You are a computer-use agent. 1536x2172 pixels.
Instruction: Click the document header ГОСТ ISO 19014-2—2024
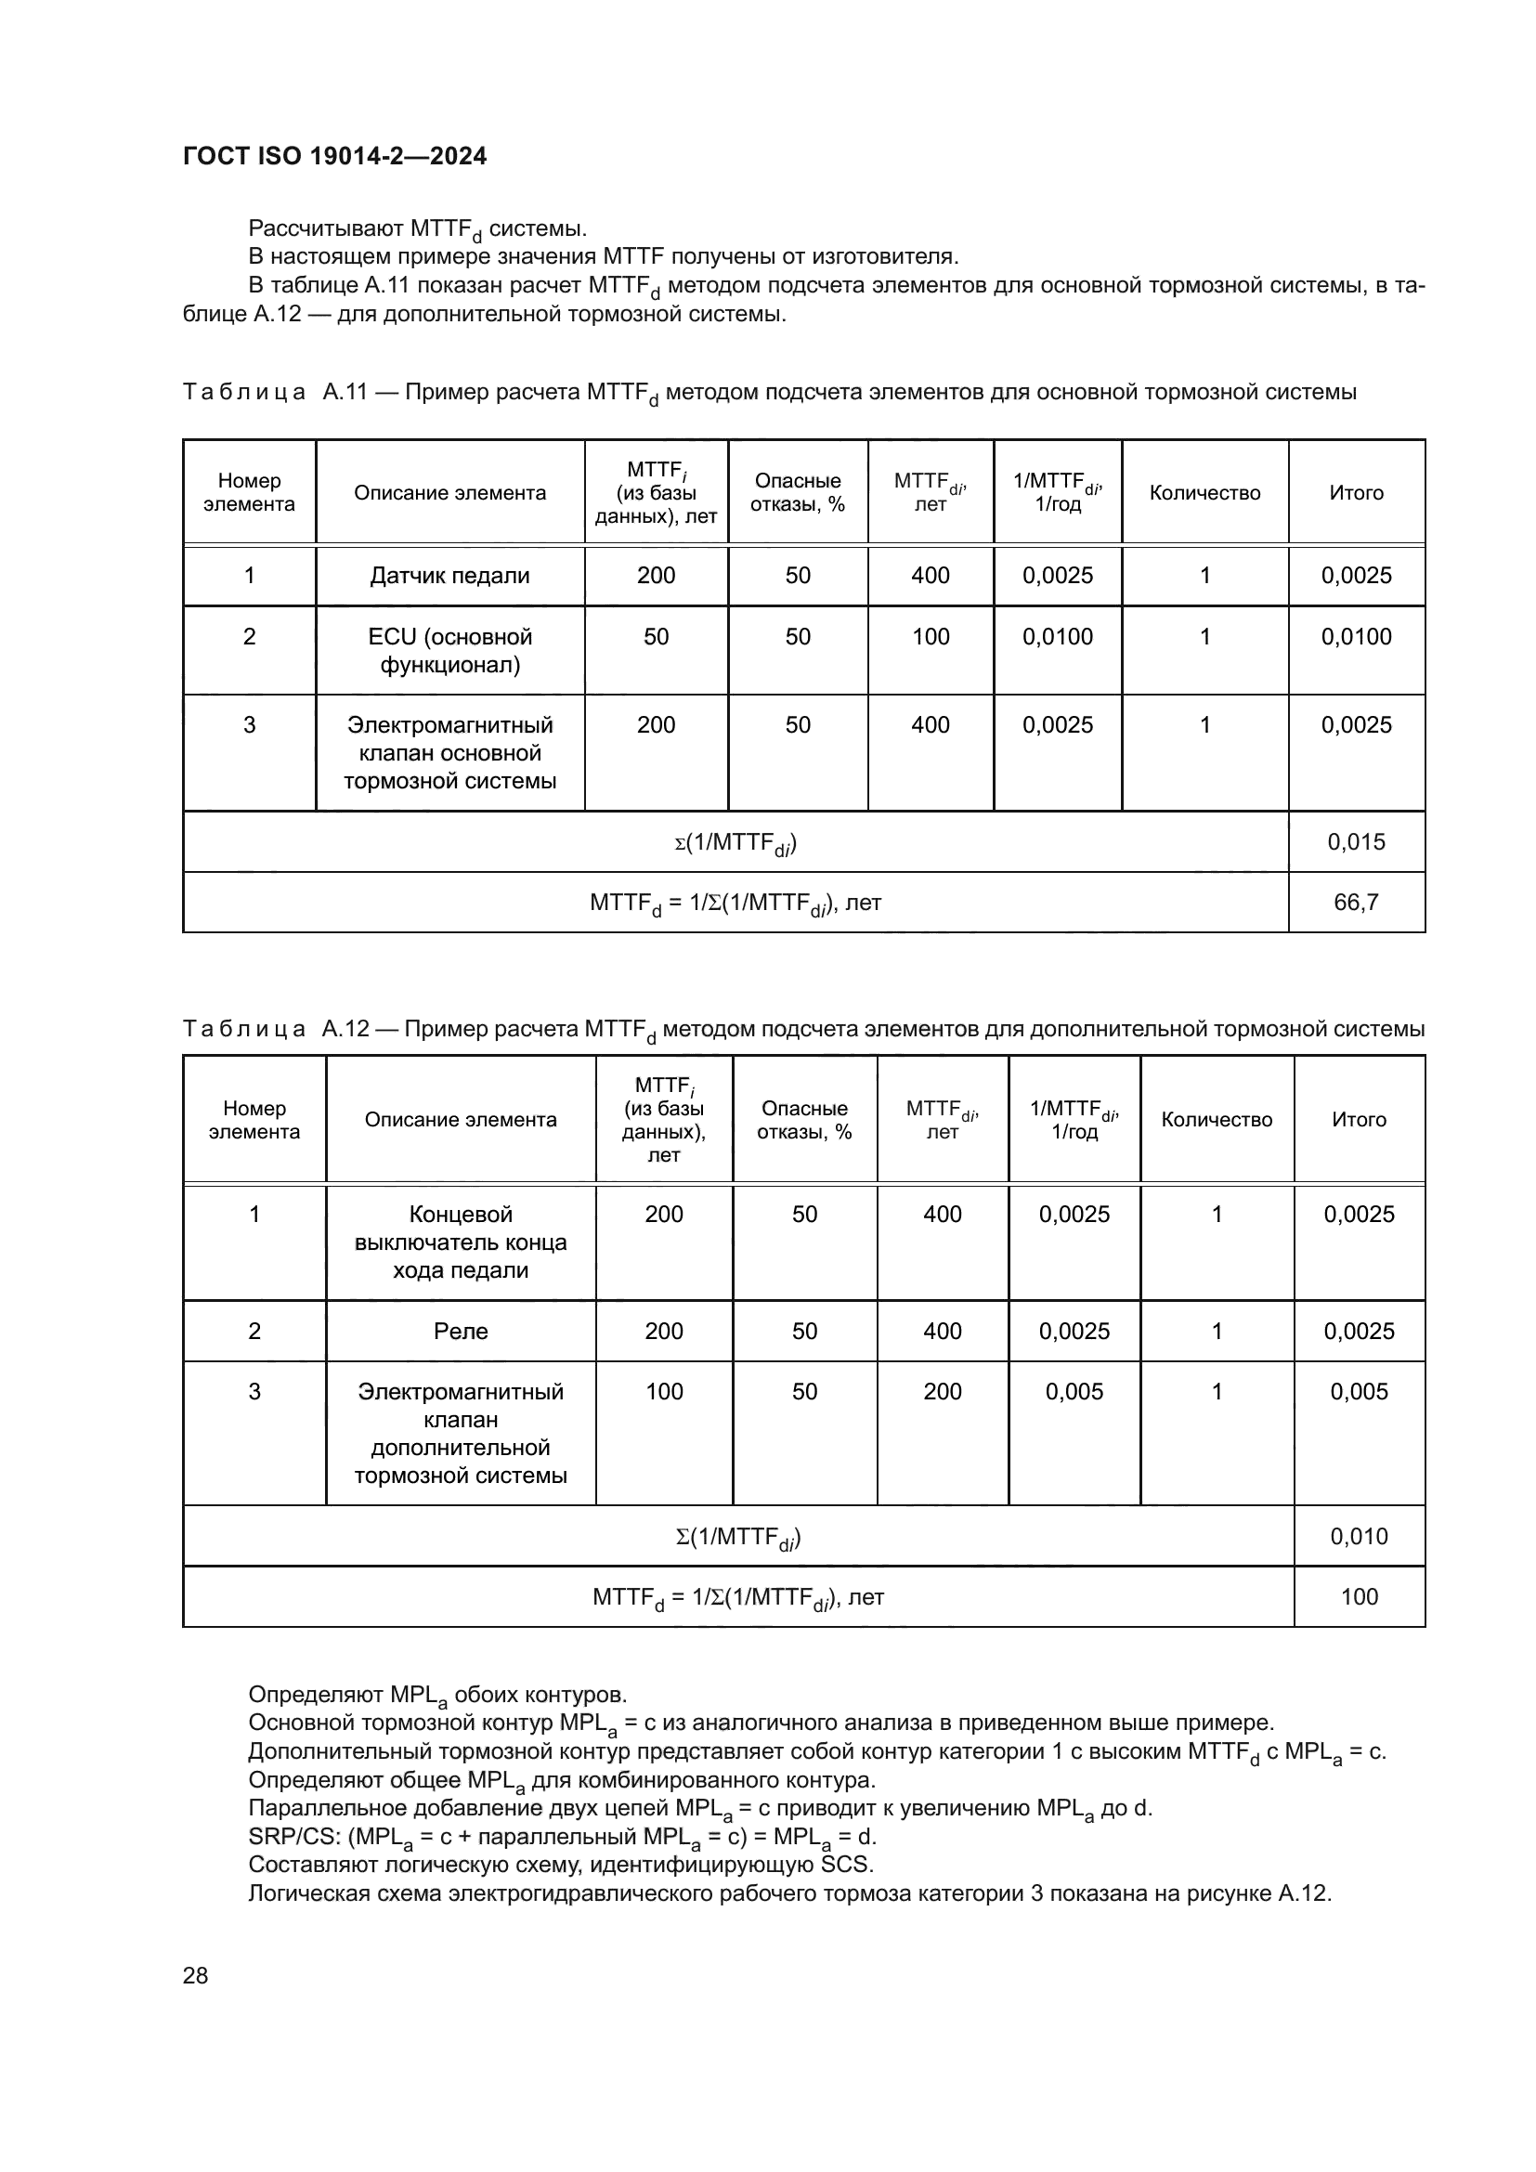pyautogui.click(x=335, y=156)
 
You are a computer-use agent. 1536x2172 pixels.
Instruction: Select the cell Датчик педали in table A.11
pyautogui.click(x=449, y=575)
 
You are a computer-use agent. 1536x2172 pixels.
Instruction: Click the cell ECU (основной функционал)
pyautogui.click(x=449, y=650)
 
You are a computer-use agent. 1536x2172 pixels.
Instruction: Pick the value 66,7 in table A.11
pyautogui.click(x=1355, y=902)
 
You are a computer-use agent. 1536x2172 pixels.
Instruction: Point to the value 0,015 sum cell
pyautogui.click(x=1355, y=841)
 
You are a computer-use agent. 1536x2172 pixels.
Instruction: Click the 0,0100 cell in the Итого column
pyautogui.click(x=1355, y=637)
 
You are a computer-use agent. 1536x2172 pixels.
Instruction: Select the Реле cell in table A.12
pyautogui.click(x=461, y=1331)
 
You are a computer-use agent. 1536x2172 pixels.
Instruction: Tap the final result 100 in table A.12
pyautogui.click(x=1359, y=1597)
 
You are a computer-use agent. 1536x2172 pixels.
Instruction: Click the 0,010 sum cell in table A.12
pyautogui.click(x=1359, y=1536)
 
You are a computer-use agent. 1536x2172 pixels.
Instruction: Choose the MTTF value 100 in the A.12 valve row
pyautogui.click(x=664, y=1392)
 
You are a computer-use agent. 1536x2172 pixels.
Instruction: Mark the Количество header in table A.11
pyautogui.click(x=1204, y=493)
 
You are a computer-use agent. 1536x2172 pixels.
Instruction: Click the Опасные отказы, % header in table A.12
pyautogui.click(x=804, y=1119)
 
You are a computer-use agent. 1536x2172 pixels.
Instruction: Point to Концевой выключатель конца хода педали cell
pyautogui.click(x=461, y=1242)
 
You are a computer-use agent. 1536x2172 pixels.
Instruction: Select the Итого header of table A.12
pyautogui.click(x=1359, y=1119)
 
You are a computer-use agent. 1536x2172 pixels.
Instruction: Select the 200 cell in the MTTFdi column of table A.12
pyautogui.click(x=942, y=1392)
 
